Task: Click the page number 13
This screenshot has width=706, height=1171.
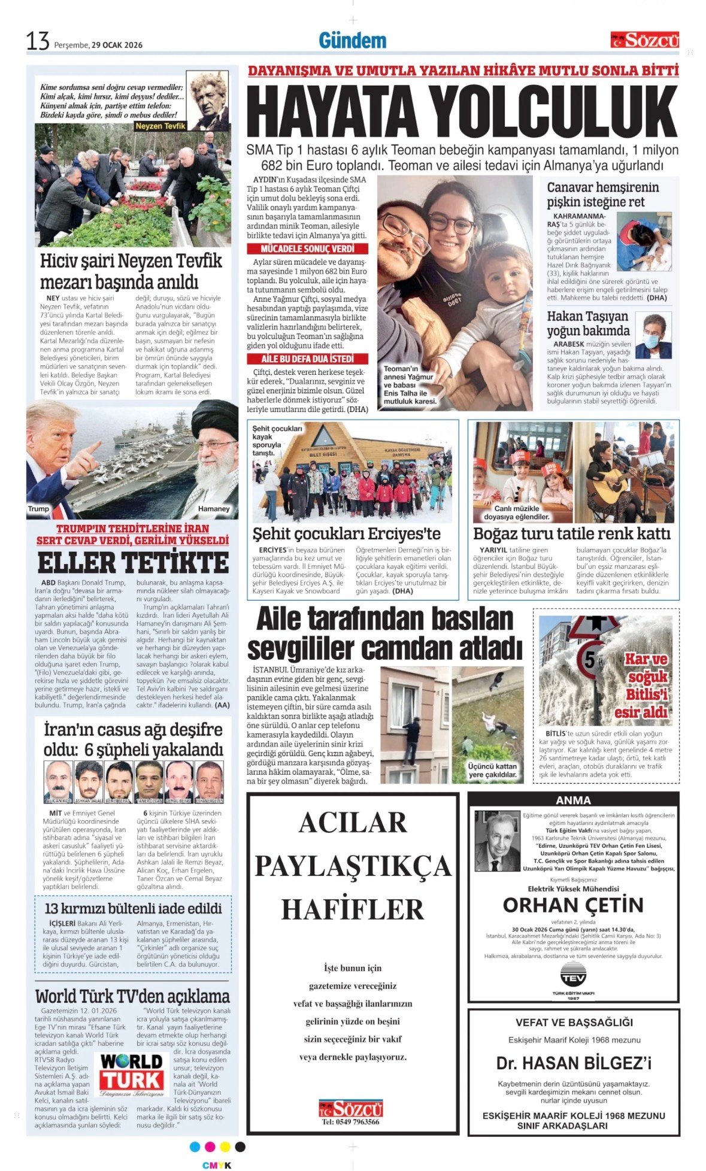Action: [x=37, y=41]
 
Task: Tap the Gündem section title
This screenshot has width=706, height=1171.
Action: [x=352, y=41]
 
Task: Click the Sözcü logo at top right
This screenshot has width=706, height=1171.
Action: [x=645, y=41]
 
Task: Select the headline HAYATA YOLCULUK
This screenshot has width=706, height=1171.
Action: [x=462, y=112]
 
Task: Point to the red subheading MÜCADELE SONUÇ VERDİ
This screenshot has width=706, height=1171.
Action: [x=308, y=248]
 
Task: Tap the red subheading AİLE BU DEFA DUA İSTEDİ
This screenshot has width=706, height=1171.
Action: [x=308, y=359]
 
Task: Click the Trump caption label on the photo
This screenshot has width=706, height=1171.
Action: [x=38, y=509]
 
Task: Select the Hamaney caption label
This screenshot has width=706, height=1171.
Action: [x=214, y=509]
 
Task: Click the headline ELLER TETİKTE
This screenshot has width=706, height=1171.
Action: [x=133, y=563]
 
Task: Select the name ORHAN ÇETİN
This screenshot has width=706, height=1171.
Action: [x=573, y=905]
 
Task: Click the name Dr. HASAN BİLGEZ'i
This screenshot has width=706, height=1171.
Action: [x=574, y=1063]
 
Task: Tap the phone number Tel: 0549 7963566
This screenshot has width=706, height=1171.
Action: [x=350, y=1122]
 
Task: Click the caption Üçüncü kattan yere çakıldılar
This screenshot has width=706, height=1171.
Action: [x=492, y=770]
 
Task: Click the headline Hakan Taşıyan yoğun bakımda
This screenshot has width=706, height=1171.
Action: [x=588, y=323]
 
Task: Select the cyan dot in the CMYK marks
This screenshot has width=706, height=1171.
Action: [x=195, y=1146]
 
